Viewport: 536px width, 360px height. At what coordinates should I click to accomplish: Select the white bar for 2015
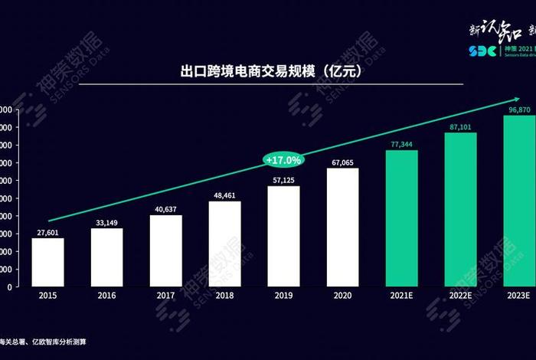coord(47,262)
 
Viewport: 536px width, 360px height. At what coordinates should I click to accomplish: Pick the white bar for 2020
coord(342,227)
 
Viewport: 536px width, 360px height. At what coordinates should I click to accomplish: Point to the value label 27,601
coord(47,232)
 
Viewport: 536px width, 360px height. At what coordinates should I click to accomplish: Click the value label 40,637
coord(165,209)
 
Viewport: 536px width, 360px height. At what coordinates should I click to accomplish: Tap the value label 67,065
coord(342,162)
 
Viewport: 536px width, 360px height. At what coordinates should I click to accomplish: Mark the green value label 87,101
coord(460,126)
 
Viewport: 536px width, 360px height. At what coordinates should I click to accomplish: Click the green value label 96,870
coord(519,110)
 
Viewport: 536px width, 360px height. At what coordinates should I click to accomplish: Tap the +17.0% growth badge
coord(283,159)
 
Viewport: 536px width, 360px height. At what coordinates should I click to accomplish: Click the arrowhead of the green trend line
coord(524,99)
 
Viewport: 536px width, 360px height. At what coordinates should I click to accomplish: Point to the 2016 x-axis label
coord(106,295)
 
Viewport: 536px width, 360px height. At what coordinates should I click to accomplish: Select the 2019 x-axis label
coord(283,295)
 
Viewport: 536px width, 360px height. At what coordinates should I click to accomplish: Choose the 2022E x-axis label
coord(460,295)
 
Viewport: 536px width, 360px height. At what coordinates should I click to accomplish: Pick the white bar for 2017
coord(165,250)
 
